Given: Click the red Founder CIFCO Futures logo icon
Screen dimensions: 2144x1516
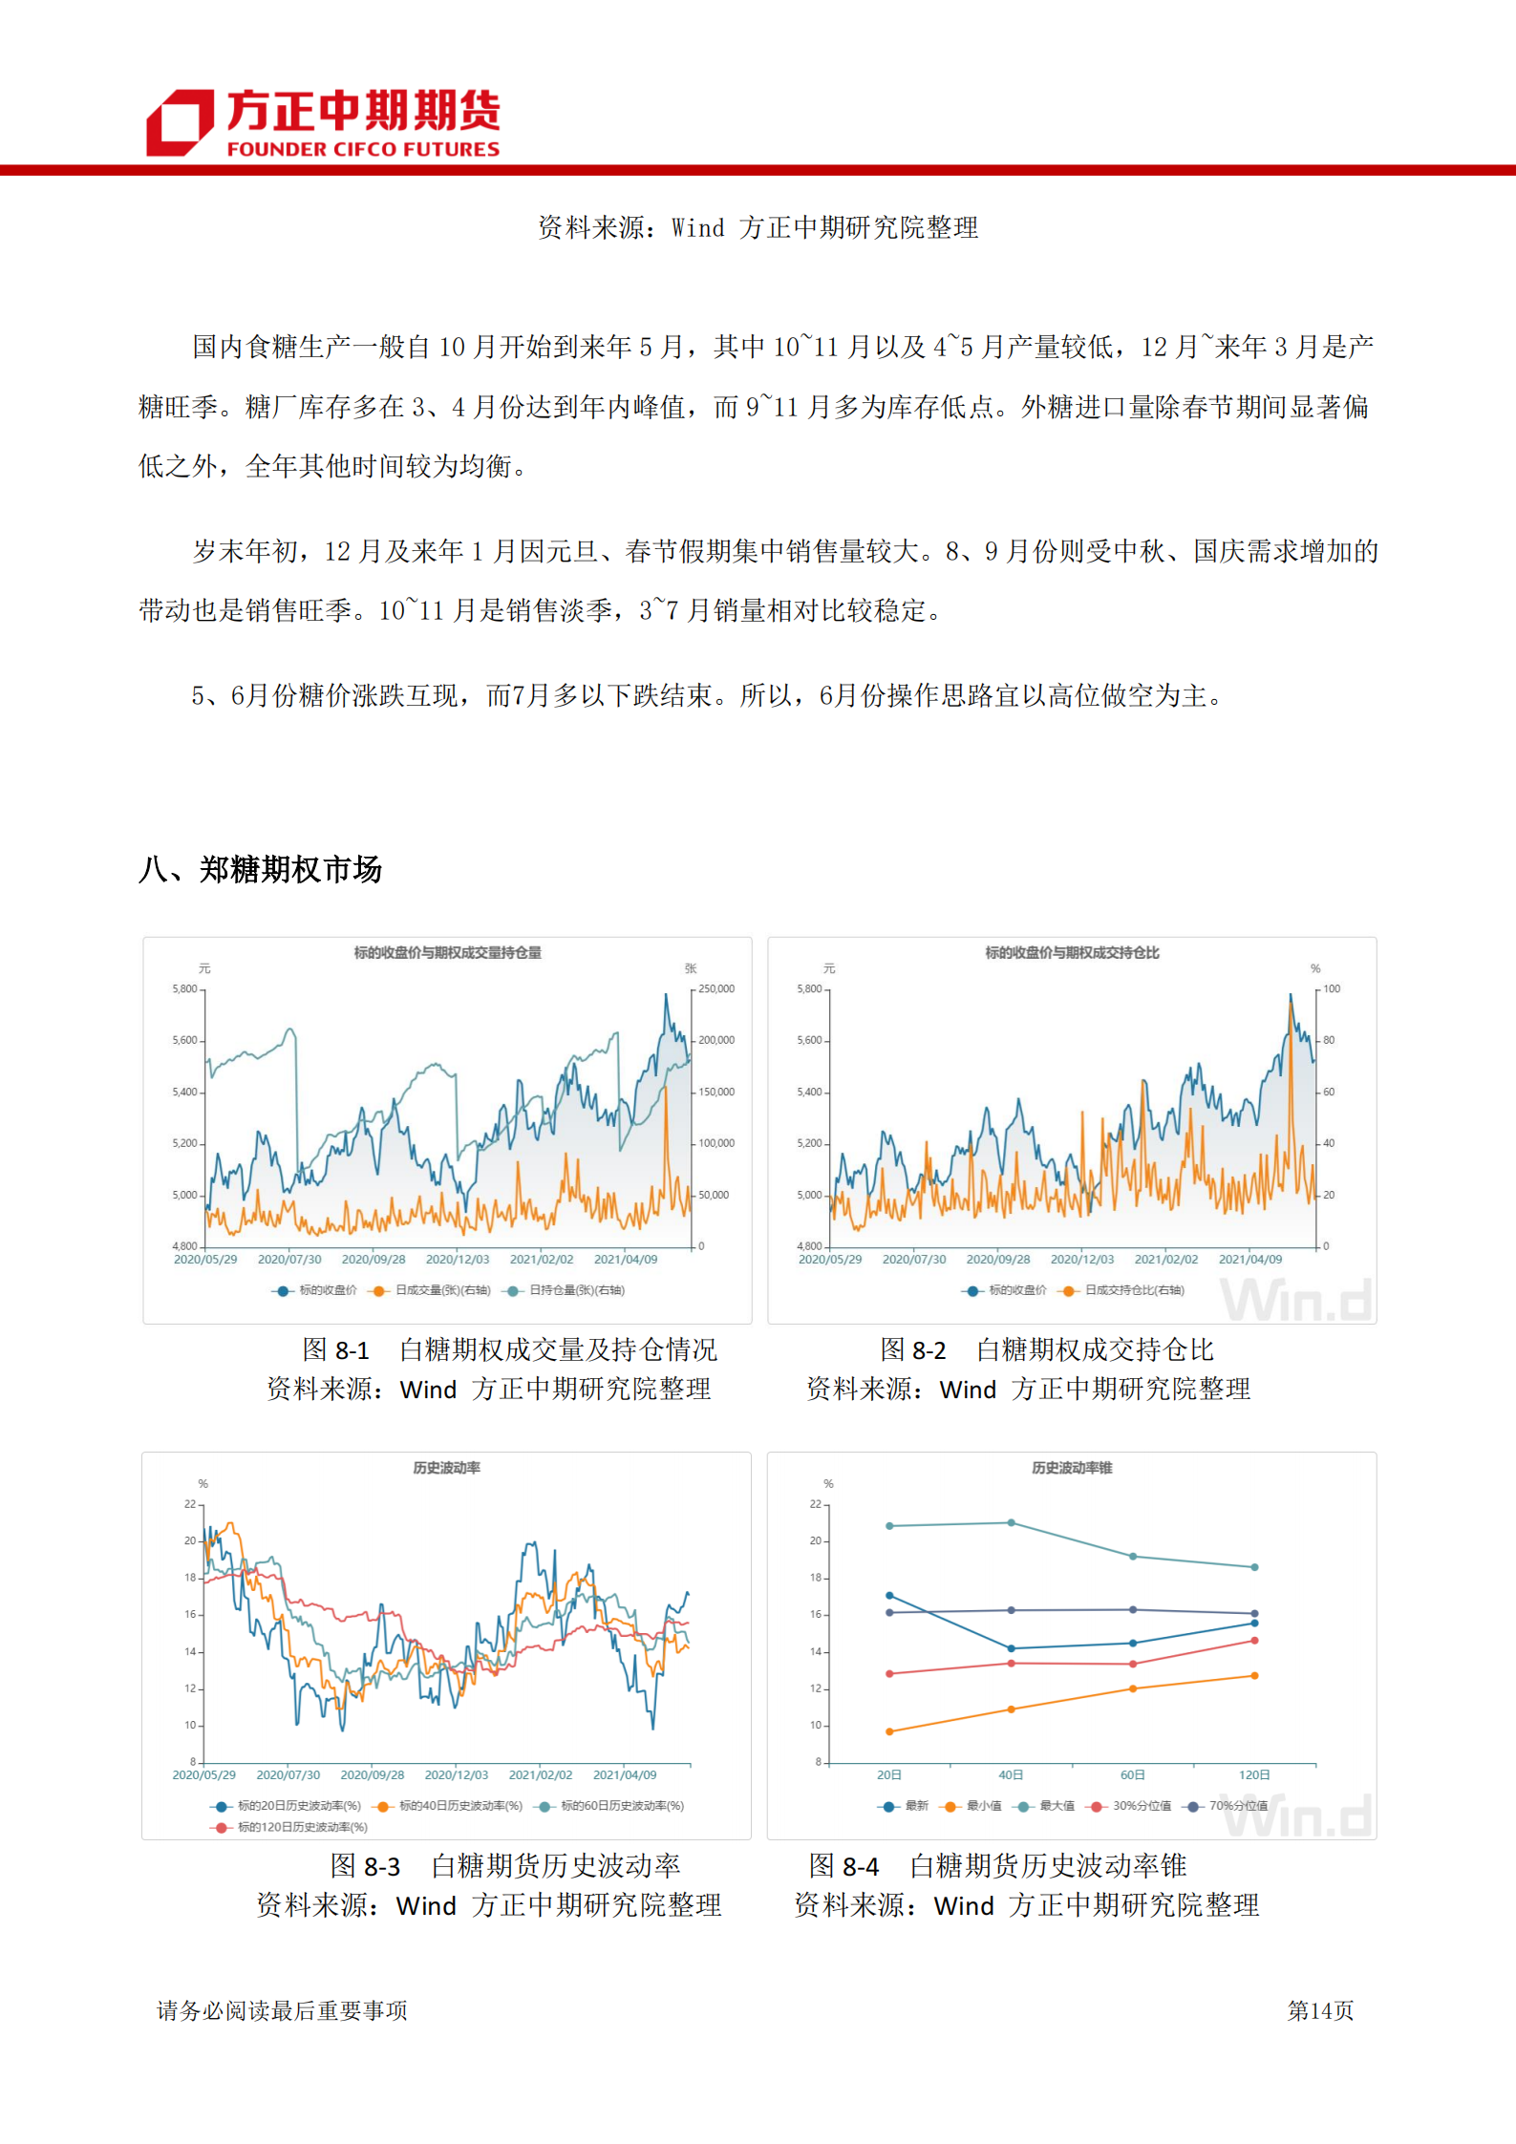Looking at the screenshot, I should tap(180, 122).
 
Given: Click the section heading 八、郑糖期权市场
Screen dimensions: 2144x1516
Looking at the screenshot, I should tap(260, 869).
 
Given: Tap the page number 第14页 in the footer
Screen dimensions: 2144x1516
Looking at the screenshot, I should tap(1319, 2010).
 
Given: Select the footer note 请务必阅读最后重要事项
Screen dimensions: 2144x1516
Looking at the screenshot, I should tap(282, 2010).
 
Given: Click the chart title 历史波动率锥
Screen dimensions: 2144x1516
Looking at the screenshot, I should tap(1071, 1468).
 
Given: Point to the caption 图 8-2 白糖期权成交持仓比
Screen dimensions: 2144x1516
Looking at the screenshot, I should tap(1046, 1349).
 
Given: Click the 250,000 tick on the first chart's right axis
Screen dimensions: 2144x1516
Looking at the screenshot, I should tap(716, 988).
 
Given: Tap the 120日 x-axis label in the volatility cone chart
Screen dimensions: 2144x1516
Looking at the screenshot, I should tap(1254, 1774).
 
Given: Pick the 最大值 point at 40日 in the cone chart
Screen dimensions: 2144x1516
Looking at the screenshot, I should tap(1012, 1522).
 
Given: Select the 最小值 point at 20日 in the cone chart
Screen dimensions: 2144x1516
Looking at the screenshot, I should tap(889, 1731).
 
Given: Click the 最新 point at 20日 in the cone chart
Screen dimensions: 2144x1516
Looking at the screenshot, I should tap(889, 1596).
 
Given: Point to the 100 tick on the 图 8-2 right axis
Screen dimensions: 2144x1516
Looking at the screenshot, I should tap(1332, 988).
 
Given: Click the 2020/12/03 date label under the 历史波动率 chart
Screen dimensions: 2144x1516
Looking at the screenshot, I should tap(457, 1774).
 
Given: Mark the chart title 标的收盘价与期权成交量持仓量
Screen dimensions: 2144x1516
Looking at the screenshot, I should tap(447, 952).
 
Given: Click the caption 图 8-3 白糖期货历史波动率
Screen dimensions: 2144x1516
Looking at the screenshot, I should tap(505, 1865).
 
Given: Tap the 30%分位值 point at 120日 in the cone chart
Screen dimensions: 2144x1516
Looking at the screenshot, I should tap(1254, 1641).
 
